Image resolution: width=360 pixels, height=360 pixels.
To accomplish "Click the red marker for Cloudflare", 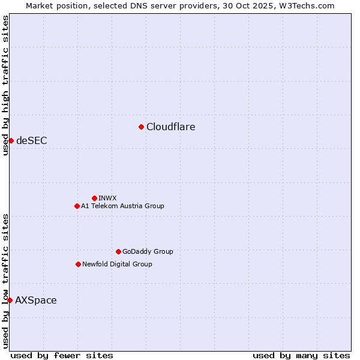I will (141, 127).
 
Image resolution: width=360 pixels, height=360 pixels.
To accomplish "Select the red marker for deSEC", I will (11, 140).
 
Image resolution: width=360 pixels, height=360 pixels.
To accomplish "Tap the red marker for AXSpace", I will (10, 300).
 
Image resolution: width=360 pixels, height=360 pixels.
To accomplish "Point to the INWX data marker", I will (94, 198).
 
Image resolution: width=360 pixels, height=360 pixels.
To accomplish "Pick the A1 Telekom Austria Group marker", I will (77, 206).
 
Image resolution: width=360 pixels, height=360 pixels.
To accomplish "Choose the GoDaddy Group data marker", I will (118, 251).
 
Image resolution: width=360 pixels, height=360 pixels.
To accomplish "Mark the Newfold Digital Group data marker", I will (78, 264).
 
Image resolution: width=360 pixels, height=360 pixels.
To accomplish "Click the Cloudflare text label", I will (170, 127).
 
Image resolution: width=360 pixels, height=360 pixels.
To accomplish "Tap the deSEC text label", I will (31, 140).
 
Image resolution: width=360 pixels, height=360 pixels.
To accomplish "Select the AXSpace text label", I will (36, 300).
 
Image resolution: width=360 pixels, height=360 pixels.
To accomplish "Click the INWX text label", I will (107, 198).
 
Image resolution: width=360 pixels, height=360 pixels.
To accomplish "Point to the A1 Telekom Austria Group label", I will (122, 206).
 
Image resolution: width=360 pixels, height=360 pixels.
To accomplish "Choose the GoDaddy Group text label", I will (148, 251).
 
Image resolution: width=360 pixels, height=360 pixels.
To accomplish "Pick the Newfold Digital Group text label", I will (117, 264).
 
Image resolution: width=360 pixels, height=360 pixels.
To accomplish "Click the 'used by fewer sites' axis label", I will (62, 355).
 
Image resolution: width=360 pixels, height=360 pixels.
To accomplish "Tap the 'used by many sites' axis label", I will (301, 355).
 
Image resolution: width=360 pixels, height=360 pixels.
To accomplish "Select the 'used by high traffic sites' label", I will (5, 85).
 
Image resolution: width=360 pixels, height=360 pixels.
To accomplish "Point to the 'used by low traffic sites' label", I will (5, 280).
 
